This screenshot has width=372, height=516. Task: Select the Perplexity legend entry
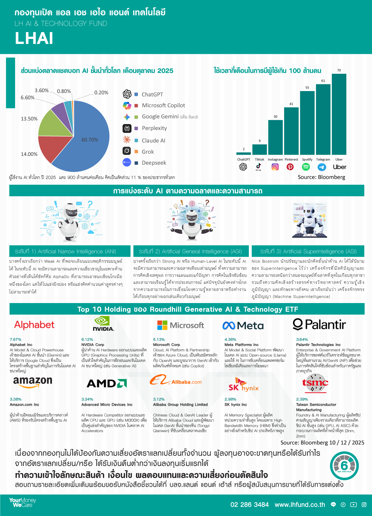154,128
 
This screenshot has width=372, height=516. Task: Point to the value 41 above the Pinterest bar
291,104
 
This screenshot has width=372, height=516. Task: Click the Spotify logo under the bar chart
306,167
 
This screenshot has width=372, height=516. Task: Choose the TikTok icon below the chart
258,166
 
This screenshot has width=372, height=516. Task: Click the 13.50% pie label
29,119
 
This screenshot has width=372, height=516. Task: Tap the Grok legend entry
148,152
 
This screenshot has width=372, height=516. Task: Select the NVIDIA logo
103,324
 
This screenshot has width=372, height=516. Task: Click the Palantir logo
319,325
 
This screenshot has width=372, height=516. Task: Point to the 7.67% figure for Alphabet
15,339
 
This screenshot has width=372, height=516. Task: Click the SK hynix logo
243,385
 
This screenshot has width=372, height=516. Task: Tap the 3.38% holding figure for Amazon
15,399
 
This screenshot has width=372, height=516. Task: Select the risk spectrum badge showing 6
344,466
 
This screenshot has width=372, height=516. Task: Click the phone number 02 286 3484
249,505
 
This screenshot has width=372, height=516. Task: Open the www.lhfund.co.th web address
300,505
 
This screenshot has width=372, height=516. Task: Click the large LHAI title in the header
34,38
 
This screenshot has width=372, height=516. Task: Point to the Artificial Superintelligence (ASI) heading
308,251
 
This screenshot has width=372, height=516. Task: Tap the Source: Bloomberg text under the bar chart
321,177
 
